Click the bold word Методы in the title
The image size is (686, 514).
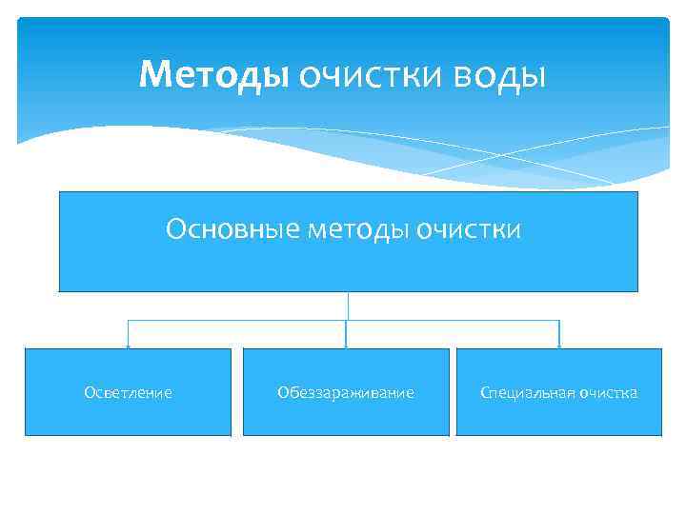[x=212, y=73]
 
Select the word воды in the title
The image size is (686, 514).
[x=504, y=74]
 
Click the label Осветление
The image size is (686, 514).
[x=128, y=392]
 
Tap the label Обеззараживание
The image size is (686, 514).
[x=346, y=392]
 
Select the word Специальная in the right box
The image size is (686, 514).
[x=528, y=392]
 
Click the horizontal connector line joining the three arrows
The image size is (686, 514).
[x=238, y=321]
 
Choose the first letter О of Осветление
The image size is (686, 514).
[x=89, y=392]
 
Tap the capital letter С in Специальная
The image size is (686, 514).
[x=485, y=392]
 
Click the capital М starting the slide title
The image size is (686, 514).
[x=152, y=73]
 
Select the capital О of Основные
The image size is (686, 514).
[x=175, y=229]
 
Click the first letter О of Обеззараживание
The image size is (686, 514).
[x=283, y=392]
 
